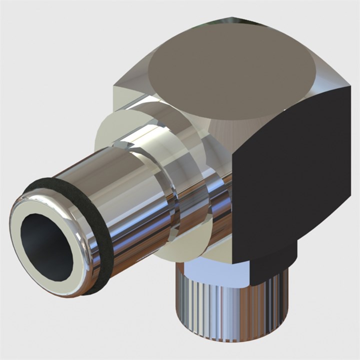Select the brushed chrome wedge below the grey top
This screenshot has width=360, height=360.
pyautogui.click(x=225, y=135)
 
